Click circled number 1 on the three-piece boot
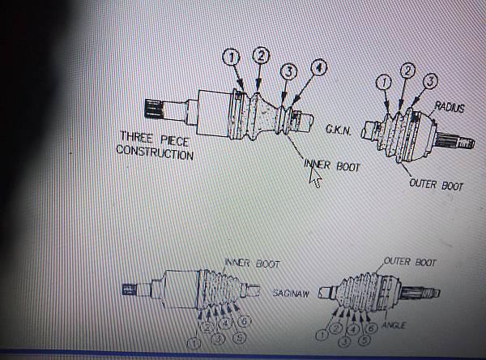(x=231, y=57)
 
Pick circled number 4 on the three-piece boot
(x=321, y=68)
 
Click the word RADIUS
(x=449, y=106)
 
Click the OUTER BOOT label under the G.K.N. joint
(x=437, y=185)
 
